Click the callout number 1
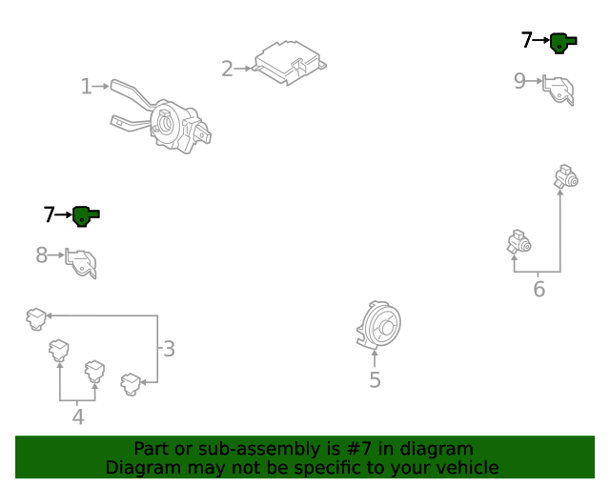[x=86, y=87]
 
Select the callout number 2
[x=227, y=69]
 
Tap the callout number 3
[x=169, y=349]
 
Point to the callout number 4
[x=78, y=417]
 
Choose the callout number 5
[x=375, y=379]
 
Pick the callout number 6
[x=539, y=289]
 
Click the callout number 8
[x=41, y=255]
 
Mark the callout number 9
[x=519, y=81]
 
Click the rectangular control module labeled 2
[x=290, y=62]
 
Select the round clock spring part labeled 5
[x=378, y=325]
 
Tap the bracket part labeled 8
[x=81, y=263]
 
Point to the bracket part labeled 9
[x=559, y=91]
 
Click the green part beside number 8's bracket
[x=86, y=216]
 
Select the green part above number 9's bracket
[x=563, y=43]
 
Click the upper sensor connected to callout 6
[x=566, y=176]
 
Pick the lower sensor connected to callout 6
[x=519, y=242]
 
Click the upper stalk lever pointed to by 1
[x=132, y=93]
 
